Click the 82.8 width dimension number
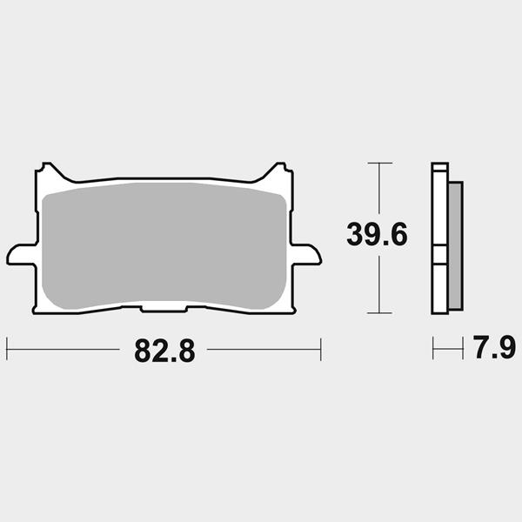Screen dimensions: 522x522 tap(164, 351)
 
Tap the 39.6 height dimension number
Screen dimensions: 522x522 tap(377, 234)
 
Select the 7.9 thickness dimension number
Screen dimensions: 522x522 tap(494, 347)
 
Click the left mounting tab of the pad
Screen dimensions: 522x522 tap(21, 255)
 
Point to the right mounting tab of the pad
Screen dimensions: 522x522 tap(306, 255)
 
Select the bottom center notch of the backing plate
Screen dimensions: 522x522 tap(164, 309)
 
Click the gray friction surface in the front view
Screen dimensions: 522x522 tap(164, 245)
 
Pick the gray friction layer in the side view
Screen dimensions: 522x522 tap(455, 246)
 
